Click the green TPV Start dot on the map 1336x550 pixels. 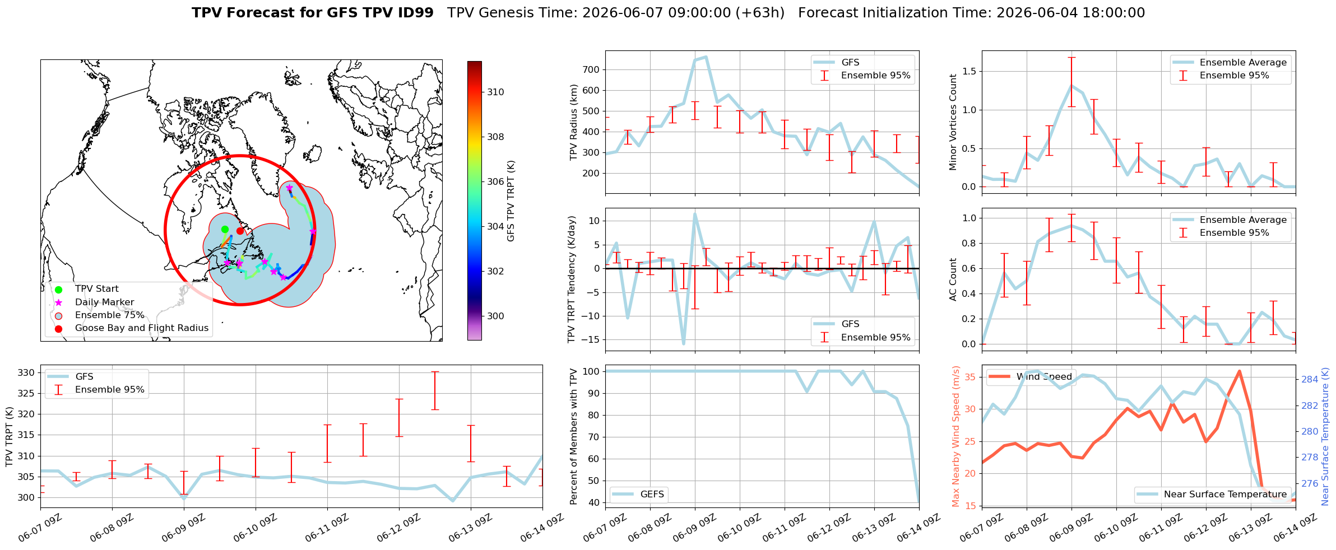tap(225, 229)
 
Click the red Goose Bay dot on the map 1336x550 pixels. tap(240, 231)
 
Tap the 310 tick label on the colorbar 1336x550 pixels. tap(495, 92)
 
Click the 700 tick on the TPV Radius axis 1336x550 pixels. tap(592, 69)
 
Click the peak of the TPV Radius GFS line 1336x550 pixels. tap(706, 57)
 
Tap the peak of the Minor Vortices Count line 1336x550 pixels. tap(1071, 86)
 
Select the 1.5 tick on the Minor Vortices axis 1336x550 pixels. tap(969, 71)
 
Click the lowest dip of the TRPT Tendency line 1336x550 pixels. tap(684, 343)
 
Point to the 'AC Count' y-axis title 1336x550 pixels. tap(953, 279)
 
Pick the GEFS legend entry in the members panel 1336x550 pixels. tap(638, 494)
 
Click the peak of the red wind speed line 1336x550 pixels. tap(1239, 371)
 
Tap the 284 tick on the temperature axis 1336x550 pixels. tap(1310, 379)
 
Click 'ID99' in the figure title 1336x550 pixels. tap(415, 13)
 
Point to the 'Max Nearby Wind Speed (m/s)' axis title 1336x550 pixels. tap(956, 436)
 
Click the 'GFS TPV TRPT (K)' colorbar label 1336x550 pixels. tap(511, 201)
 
